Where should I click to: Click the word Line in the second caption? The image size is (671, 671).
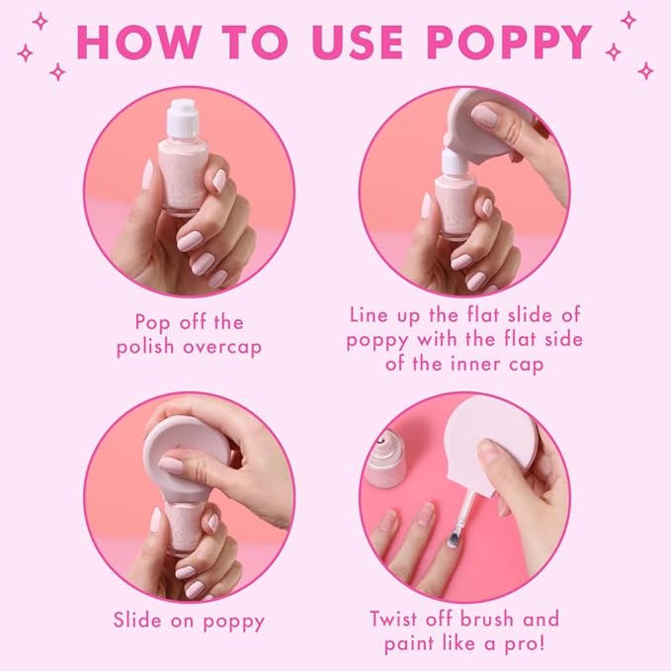(x=374, y=315)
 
